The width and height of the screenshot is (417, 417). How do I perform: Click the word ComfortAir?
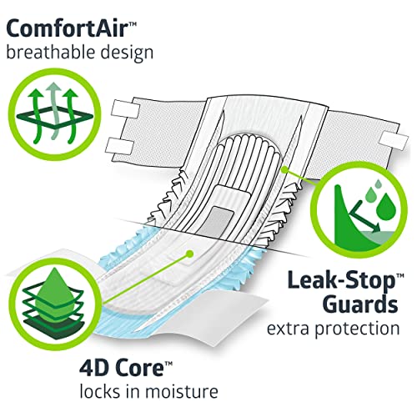[67, 28]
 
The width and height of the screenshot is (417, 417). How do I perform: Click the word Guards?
[360, 304]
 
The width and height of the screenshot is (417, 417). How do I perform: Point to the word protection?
[357, 329]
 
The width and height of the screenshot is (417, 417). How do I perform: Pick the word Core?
[139, 368]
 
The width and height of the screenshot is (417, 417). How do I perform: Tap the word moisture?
[182, 391]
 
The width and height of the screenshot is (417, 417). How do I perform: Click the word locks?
[100, 391]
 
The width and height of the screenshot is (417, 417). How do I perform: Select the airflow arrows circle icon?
[54, 116]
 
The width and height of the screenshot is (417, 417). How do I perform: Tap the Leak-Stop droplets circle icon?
[359, 210]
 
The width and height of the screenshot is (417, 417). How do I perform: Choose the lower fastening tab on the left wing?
[120, 146]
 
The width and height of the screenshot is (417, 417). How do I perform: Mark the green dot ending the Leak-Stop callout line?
[285, 170]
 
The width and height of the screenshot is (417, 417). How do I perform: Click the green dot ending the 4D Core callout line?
[189, 254]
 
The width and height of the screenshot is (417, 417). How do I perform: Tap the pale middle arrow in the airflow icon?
[55, 111]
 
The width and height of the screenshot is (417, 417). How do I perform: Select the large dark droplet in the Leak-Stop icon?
[386, 208]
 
